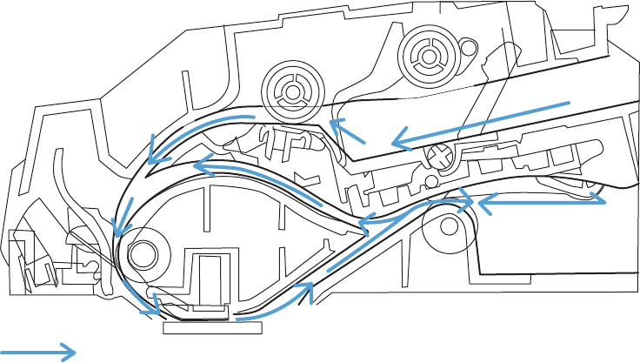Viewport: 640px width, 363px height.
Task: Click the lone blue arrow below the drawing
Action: (39, 352)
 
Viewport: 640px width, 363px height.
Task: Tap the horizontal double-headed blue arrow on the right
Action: (539, 200)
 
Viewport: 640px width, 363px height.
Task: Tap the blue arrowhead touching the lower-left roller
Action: (118, 228)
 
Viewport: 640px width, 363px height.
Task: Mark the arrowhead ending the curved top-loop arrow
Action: (154, 157)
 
